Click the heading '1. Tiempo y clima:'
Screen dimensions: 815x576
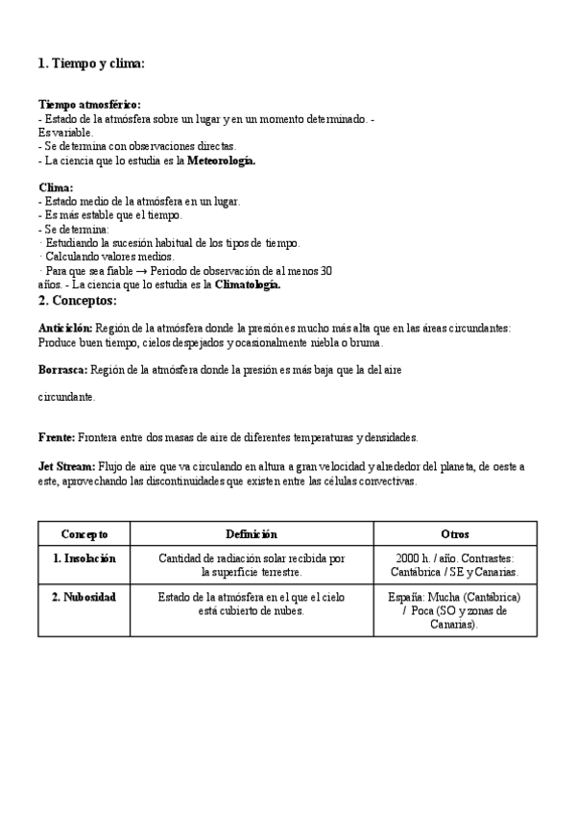91,63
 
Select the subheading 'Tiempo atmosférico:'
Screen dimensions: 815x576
89,104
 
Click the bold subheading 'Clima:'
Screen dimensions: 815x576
56,187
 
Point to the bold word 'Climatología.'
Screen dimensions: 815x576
248,284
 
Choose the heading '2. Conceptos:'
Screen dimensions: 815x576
77,301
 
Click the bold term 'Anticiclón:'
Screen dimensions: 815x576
65,328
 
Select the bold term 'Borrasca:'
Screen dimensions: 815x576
62,369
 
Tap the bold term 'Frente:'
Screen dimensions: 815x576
57,437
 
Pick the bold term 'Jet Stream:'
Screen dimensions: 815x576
67,466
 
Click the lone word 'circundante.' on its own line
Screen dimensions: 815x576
67,396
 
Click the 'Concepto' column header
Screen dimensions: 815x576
84,534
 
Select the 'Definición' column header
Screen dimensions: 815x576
252,534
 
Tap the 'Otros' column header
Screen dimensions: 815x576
455,534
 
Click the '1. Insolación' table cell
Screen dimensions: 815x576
84,558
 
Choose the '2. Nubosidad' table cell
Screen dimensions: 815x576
84,597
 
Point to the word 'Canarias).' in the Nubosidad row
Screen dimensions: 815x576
455,624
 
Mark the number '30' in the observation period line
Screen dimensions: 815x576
324,271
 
